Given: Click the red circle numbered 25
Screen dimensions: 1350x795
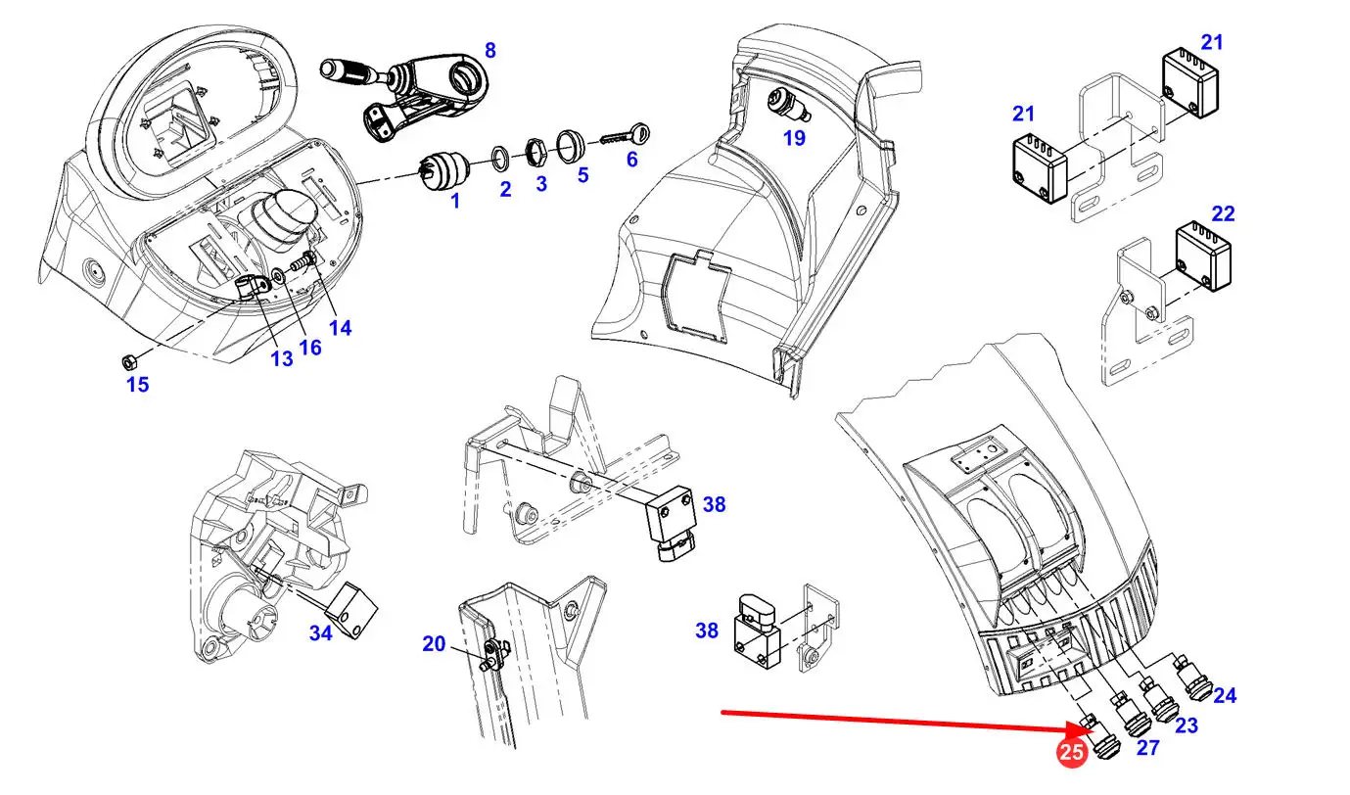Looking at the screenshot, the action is coord(1071,752).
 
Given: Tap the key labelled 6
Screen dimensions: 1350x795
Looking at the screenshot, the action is coord(626,136).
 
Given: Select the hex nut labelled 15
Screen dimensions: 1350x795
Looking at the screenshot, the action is coord(128,363).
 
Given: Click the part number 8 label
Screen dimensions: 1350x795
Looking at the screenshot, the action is coord(490,51).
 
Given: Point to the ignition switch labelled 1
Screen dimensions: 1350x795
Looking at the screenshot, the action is coord(442,169).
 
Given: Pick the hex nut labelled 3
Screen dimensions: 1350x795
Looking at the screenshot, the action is coord(533,152).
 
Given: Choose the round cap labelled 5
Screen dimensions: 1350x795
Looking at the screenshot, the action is coord(569,146).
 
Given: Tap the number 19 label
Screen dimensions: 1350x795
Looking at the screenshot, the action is coord(794,139).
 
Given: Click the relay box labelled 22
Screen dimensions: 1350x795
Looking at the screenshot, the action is coord(1203,256).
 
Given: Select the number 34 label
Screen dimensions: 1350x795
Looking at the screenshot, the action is coord(321,632).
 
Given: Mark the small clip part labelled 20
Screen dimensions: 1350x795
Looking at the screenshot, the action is coord(494,654).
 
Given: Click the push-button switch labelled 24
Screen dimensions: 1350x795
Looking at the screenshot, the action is coord(1192,678).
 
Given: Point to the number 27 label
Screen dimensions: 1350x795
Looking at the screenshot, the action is coord(1147,748).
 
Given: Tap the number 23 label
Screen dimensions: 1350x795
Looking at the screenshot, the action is coord(1187,725).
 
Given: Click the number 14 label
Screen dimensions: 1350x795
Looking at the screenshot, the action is coord(340,328).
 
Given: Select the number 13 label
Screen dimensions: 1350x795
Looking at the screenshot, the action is coord(281,359).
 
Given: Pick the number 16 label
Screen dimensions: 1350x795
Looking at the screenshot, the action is coord(310,348).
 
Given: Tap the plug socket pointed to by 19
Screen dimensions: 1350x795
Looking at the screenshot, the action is coord(788,104).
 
